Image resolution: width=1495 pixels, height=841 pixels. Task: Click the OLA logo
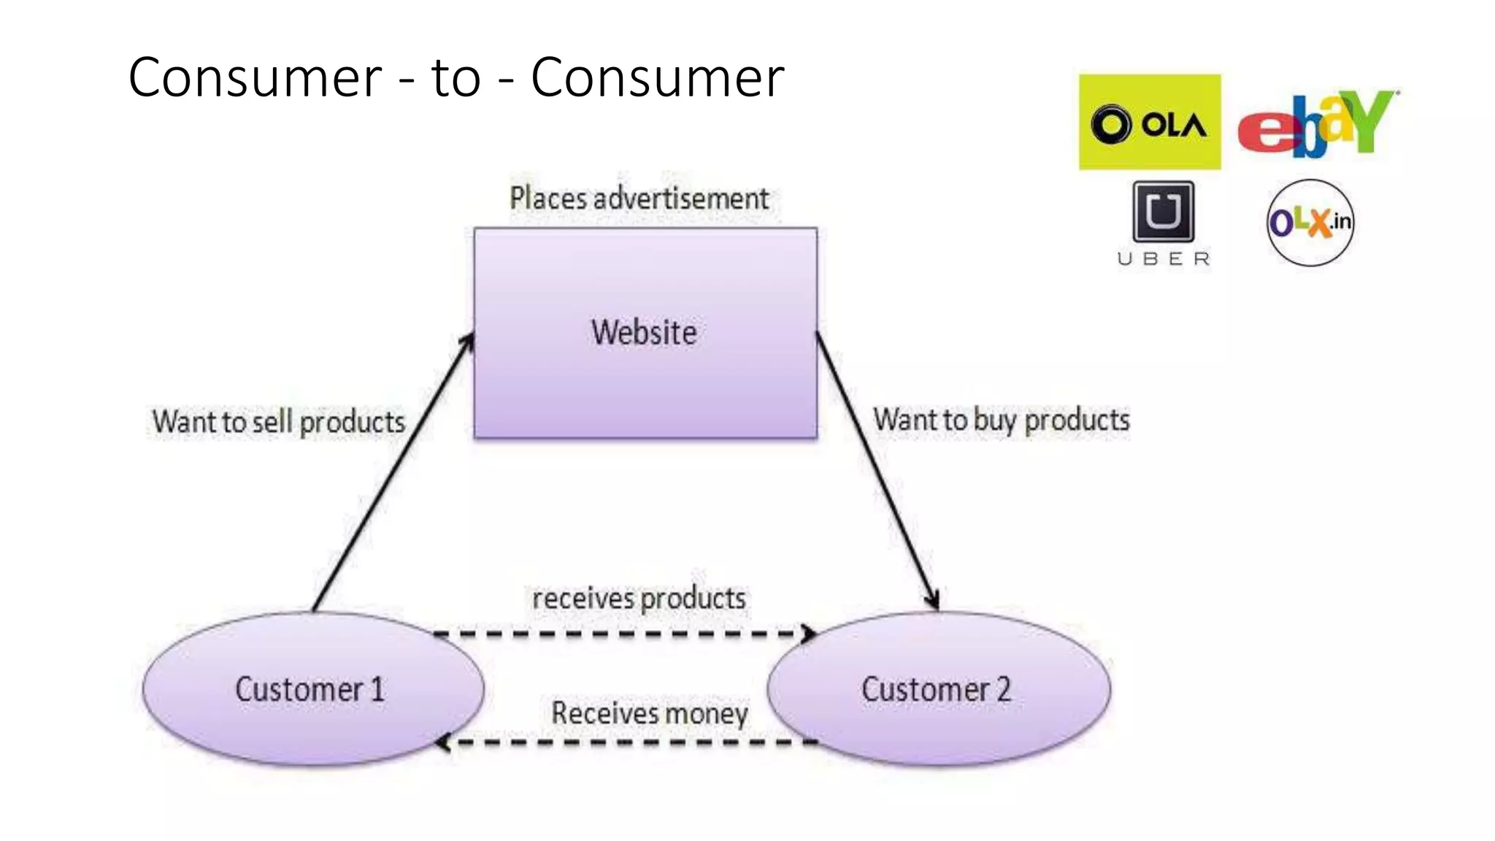[1150, 122]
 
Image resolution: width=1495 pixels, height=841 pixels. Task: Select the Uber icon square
[1163, 212]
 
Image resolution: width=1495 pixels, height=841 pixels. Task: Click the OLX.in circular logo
[1310, 222]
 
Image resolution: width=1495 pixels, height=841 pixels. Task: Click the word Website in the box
[644, 333]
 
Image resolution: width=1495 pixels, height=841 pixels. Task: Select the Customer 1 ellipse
[312, 689]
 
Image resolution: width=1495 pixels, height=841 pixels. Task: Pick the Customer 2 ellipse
[938, 689]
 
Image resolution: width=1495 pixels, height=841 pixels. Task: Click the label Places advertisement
[639, 199]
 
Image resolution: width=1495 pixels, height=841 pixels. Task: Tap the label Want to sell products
[279, 422]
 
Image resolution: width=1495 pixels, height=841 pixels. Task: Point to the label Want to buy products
[1001, 420]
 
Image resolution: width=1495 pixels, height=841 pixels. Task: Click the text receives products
[639, 599]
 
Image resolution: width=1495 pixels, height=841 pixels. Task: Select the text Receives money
[649, 713]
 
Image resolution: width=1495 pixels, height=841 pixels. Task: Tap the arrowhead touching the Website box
[467, 342]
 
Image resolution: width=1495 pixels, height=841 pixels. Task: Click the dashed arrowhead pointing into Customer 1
[442, 743]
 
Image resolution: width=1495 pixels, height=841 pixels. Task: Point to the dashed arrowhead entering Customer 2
[810, 634]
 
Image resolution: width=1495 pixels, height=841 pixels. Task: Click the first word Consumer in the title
[255, 77]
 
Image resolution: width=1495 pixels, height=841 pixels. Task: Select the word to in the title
[456, 77]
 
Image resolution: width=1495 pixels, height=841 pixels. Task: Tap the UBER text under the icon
[1164, 259]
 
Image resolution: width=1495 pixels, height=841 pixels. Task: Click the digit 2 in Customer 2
[1004, 689]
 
